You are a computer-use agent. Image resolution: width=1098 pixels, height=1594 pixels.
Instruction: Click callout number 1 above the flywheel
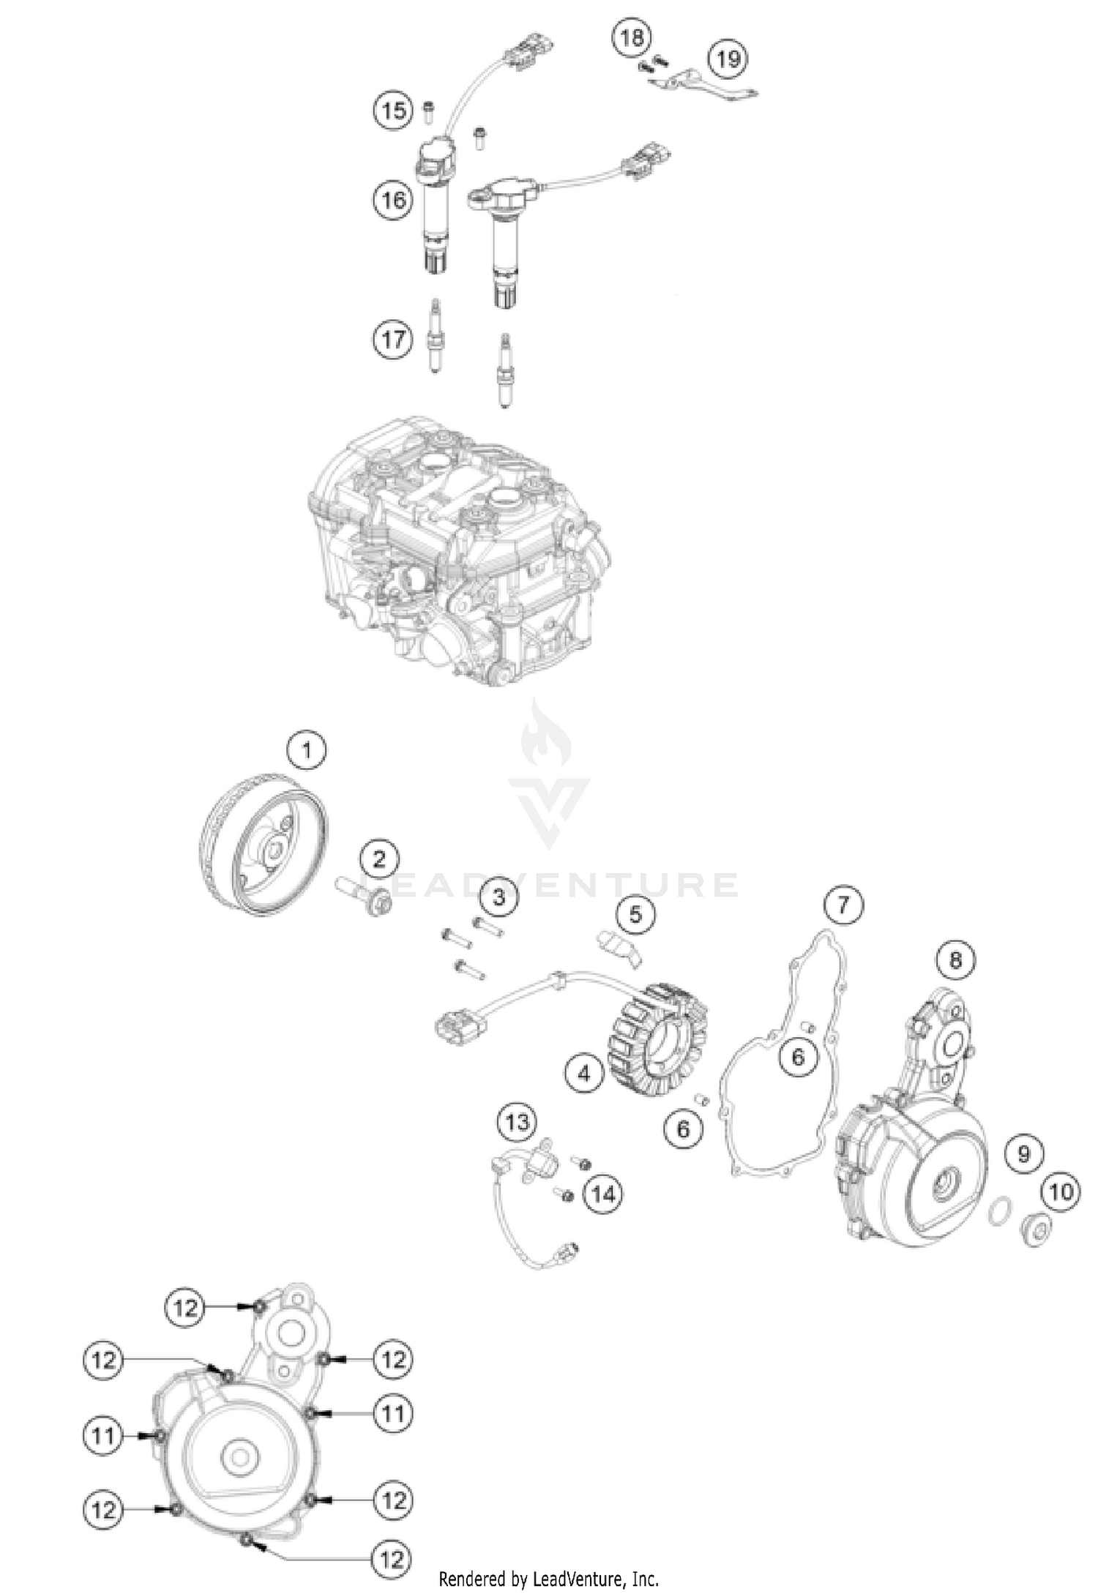(307, 750)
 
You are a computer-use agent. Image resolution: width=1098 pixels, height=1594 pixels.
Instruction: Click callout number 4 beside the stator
(584, 1074)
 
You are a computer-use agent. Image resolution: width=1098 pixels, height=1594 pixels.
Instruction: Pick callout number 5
(635, 913)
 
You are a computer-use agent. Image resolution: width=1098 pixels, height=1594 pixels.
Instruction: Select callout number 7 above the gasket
(843, 905)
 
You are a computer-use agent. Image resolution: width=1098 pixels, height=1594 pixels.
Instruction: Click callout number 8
(955, 959)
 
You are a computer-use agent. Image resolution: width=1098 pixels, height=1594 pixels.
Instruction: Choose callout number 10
(1061, 1192)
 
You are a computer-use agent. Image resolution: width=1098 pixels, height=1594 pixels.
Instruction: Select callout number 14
(602, 1194)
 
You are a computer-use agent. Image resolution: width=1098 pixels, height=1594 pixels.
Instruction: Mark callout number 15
(394, 111)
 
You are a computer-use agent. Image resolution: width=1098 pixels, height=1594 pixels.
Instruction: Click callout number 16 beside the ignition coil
(393, 199)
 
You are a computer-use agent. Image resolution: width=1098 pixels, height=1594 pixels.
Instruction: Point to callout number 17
(393, 340)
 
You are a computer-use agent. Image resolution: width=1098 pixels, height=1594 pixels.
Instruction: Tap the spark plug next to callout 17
(436, 337)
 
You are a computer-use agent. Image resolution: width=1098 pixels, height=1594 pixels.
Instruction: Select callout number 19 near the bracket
(728, 59)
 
